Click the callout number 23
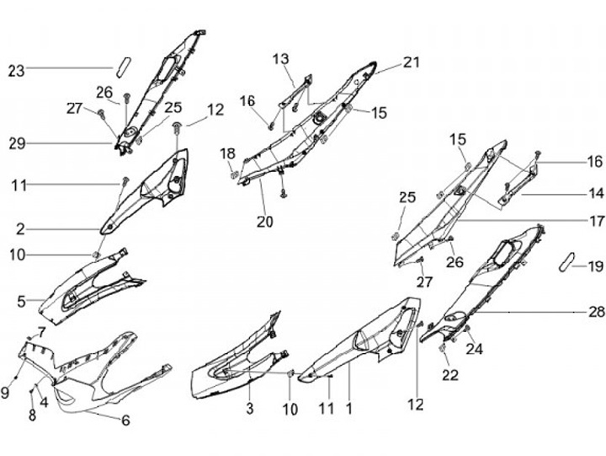(x=16, y=71)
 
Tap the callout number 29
(x=16, y=144)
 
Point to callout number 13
(x=279, y=58)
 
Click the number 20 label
(x=265, y=223)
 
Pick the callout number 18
(x=228, y=153)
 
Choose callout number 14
(x=596, y=193)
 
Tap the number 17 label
(x=596, y=223)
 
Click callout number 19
(x=596, y=266)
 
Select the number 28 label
(x=596, y=313)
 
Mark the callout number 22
(x=450, y=375)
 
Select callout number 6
(x=126, y=420)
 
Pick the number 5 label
(x=20, y=299)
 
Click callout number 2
(x=20, y=228)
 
